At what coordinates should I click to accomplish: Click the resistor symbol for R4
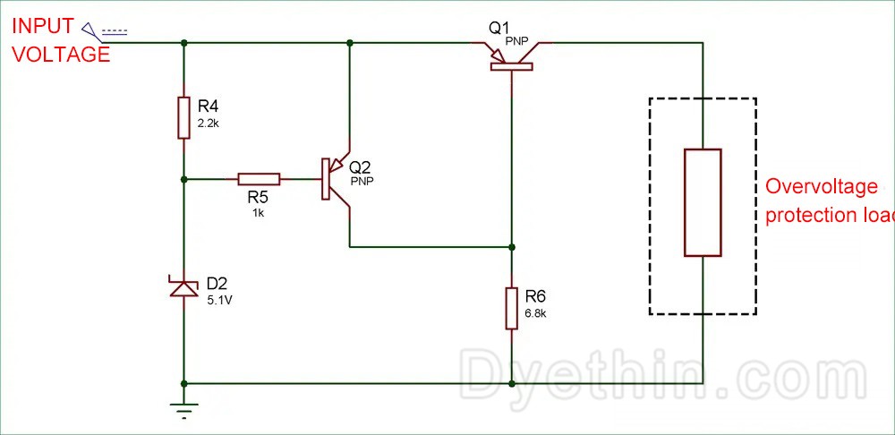pyautogui.click(x=183, y=117)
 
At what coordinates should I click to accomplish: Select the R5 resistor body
pyautogui.click(x=259, y=179)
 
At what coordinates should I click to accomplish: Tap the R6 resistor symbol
pyautogui.click(x=511, y=307)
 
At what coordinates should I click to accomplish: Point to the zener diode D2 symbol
pyautogui.click(x=183, y=288)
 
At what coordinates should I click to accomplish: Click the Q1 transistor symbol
pyautogui.click(x=511, y=55)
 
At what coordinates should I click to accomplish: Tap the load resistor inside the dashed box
pyautogui.click(x=703, y=203)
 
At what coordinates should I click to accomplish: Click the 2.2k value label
pyautogui.click(x=209, y=123)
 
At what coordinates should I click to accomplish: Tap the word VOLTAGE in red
pyautogui.click(x=60, y=54)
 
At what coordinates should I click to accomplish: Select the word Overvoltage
pyautogui.click(x=823, y=187)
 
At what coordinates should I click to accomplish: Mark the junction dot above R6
pyautogui.click(x=511, y=246)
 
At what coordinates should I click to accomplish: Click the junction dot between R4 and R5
pyautogui.click(x=183, y=179)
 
